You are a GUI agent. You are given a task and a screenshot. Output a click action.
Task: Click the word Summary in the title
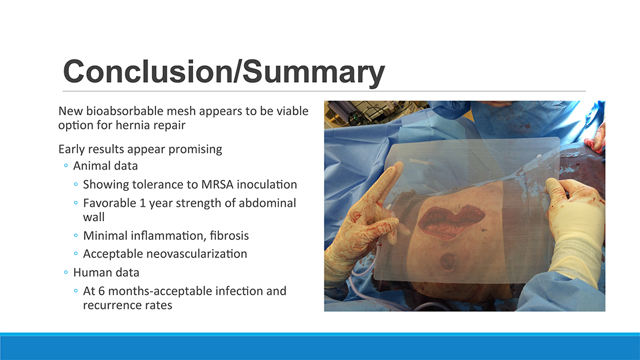(314, 73)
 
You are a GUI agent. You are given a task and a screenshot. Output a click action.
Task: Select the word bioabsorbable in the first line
(124, 111)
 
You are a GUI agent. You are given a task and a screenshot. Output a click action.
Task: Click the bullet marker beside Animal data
(66, 166)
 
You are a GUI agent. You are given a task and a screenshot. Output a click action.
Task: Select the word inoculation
(267, 184)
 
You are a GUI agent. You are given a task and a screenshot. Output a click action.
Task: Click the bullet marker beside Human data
(66, 272)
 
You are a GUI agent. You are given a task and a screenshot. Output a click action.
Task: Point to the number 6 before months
(101, 291)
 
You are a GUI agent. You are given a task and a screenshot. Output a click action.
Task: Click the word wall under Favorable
(94, 217)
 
